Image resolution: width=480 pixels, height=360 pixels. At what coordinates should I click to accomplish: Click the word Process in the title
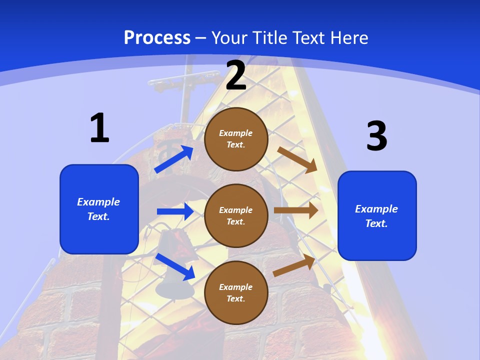pyautogui.click(x=157, y=37)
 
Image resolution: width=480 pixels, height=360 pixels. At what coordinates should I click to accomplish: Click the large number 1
pyautogui.click(x=99, y=128)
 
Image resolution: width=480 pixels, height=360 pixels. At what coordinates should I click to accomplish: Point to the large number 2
pyautogui.click(x=236, y=75)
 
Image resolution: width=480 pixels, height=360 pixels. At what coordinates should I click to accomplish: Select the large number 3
pyautogui.click(x=376, y=136)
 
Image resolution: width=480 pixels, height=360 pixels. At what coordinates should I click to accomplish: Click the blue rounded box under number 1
pyautogui.click(x=99, y=209)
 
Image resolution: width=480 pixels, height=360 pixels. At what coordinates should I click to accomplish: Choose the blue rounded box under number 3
pyautogui.click(x=377, y=215)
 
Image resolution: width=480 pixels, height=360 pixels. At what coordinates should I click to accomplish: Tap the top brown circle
pyautogui.click(x=236, y=139)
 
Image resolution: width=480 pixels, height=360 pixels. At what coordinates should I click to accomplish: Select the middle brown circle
pyautogui.click(x=236, y=215)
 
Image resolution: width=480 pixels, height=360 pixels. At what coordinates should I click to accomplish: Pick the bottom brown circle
pyautogui.click(x=236, y=292)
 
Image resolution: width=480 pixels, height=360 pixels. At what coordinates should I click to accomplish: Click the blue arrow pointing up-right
pyautogui.click(x=174, y=159)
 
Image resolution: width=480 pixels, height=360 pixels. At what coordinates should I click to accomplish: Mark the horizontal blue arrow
pyautogui.click(x=175, y=211)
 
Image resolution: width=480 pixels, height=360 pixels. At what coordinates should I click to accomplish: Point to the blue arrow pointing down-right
pyautogui.click(x=175, y=266)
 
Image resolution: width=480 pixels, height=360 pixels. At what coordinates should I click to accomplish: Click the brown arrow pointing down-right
pyautogui.click(x=297, y=159)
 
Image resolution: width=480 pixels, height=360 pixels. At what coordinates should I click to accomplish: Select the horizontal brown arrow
pyautogui.click(x=296, y=210)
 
